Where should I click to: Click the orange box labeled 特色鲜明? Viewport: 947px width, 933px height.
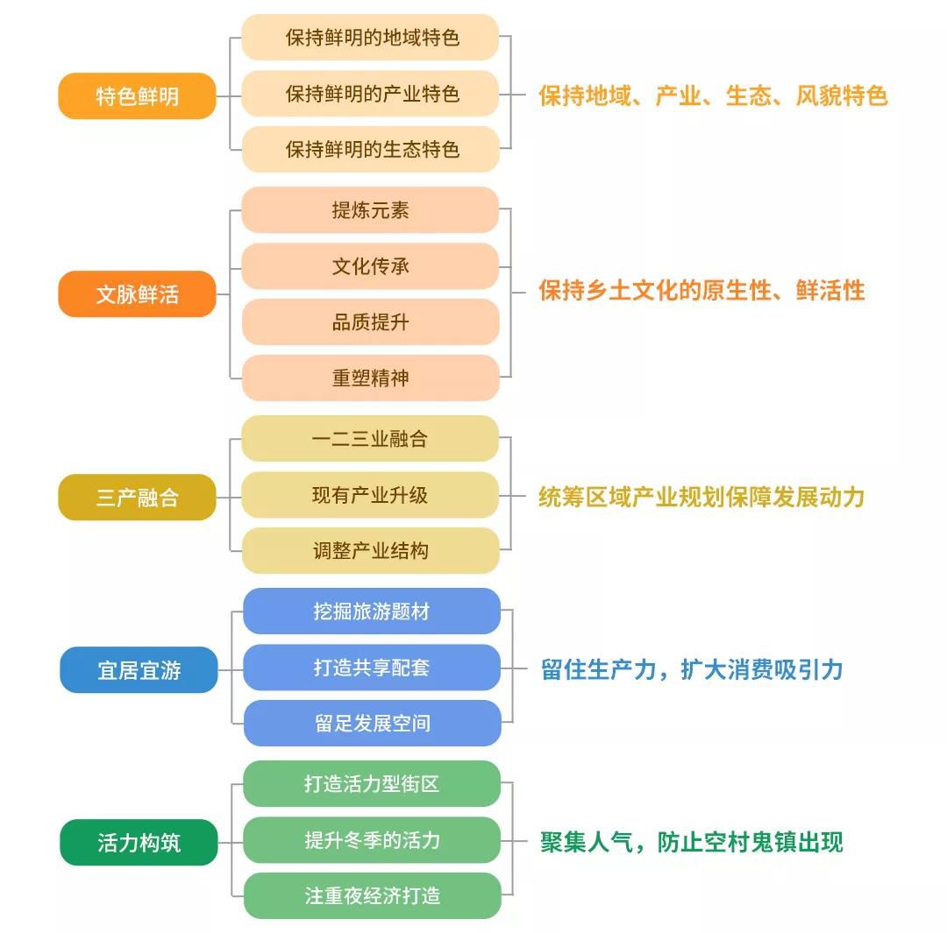(x=137, y=96)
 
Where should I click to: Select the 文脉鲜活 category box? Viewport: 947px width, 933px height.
(x=137, y=293)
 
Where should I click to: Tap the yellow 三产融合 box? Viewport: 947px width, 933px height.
(x=137, y=498)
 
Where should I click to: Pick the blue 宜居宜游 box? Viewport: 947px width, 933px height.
(x=139, y=670)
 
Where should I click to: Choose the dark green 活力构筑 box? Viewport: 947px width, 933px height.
(x=139, y=843)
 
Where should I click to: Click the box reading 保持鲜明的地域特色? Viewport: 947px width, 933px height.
(x=370, y=38)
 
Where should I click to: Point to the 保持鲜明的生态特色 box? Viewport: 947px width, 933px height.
(x=370, y=149)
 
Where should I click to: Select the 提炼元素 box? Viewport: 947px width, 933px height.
(x=370, y=210)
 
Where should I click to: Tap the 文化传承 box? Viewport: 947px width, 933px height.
(x=370, y=266)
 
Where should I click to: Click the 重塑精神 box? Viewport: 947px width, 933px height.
(x=370, y=378)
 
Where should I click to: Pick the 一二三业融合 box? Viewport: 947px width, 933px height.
(x=370, y=439)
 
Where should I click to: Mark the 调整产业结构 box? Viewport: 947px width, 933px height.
(x=370, y=550)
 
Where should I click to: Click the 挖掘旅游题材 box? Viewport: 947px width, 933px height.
(x=372, y=611)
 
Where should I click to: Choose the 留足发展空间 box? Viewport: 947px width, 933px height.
(x=372, y=723)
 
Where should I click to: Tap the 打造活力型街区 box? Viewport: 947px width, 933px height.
(x=372, y=784)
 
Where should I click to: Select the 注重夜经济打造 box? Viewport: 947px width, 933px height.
(x=372, y=895)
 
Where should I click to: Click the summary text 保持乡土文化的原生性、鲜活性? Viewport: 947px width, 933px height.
(x=701, y=290)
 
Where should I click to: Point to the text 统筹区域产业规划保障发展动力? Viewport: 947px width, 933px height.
(x=701, y=498)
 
